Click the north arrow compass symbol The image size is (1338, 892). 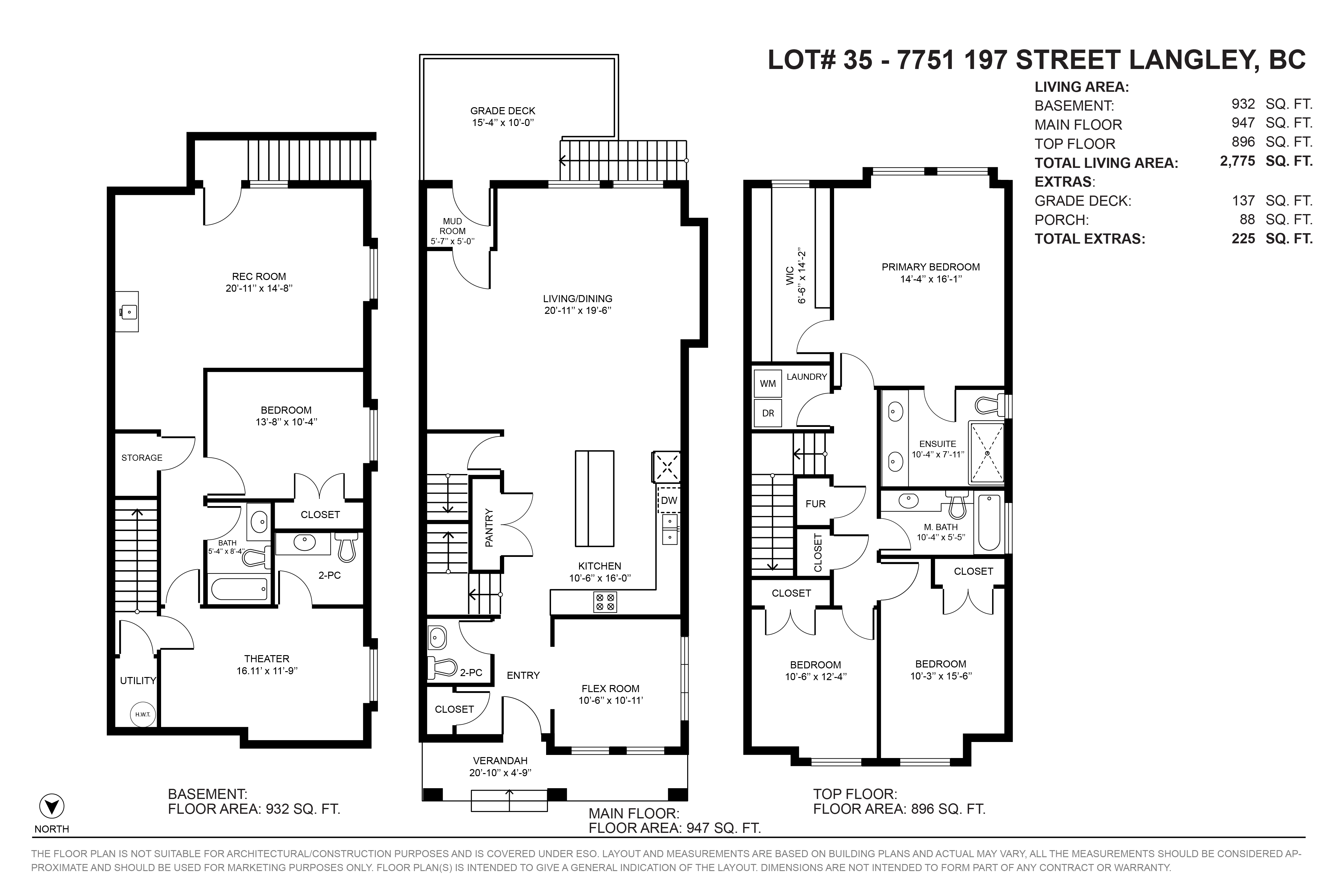(51, 807)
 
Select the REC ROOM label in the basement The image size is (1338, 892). (259, 277)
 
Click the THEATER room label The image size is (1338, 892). (267, 659)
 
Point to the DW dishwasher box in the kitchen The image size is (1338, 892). (669, 500)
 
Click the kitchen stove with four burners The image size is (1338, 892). (605, 602)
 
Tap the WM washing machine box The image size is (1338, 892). (768, 383)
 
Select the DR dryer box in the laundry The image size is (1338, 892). (768, 413)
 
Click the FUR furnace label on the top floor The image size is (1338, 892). (815, 504)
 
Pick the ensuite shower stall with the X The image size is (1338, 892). (987, 453)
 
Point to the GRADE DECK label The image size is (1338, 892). (503, 111)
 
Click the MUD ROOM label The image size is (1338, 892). (453, 226)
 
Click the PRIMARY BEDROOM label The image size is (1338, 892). (931, 267)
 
